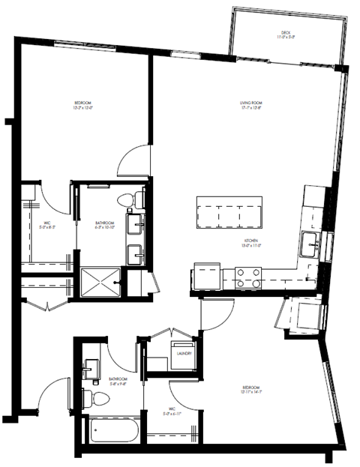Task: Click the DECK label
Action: (285, 33)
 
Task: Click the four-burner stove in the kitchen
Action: (248, 278)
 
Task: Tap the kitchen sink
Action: (311, 243)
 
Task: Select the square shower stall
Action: (100, 282)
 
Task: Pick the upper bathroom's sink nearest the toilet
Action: (137, 224)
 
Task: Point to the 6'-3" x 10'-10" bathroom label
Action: (104, 225)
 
